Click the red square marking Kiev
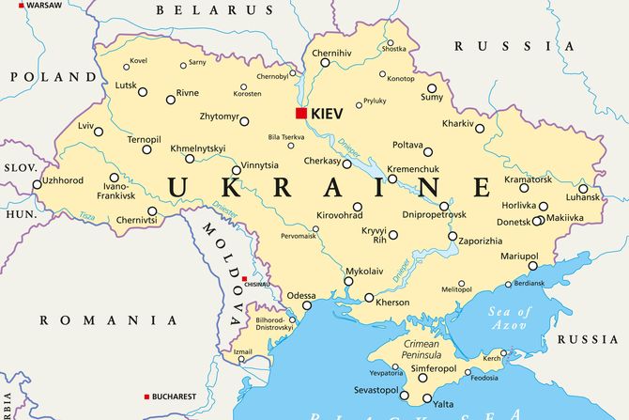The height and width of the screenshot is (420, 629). (x=300, y=114)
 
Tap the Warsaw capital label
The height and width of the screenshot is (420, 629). (x=43, y=6)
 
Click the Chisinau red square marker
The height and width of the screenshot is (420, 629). (x=244, y=279)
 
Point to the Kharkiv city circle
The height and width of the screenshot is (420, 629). (x=480, y=129)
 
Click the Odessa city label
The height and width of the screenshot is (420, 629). (x=301, y=295)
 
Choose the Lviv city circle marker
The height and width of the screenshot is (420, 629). (x=98, y=132)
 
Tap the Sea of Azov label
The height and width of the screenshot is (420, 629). (x=510, y=318)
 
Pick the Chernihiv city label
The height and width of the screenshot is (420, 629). (x=331, y=53)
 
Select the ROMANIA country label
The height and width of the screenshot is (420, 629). (x=97, y=320)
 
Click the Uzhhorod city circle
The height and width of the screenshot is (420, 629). (x=38, y=184)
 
